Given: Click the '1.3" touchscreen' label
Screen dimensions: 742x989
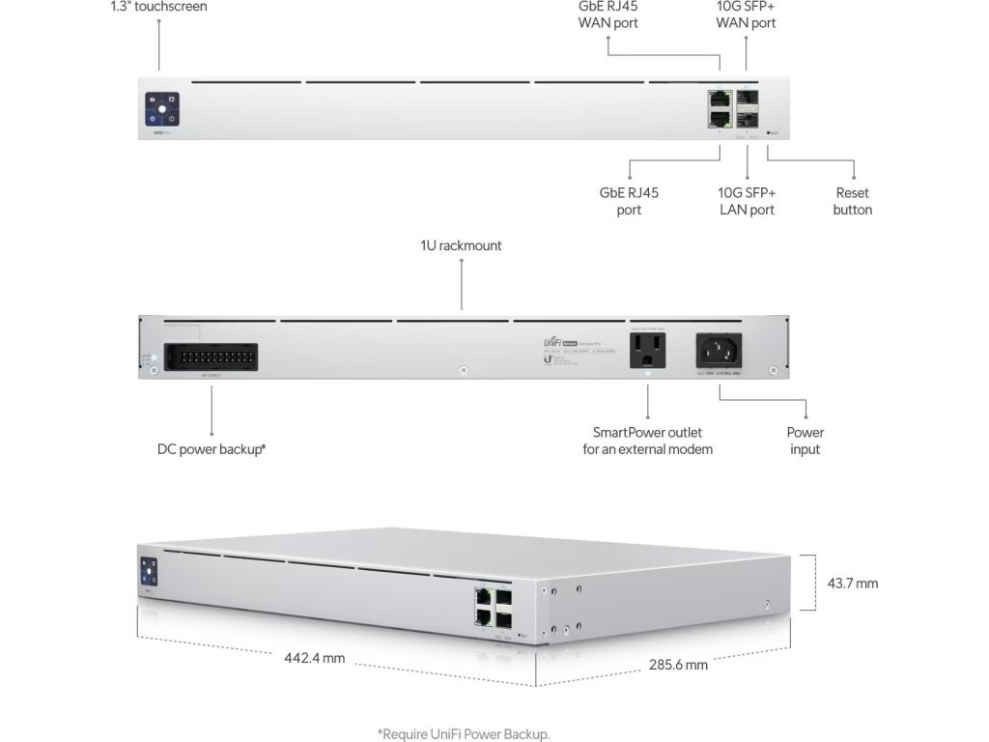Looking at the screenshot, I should pos(157,7).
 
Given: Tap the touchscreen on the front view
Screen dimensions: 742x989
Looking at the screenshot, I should pos(162,108).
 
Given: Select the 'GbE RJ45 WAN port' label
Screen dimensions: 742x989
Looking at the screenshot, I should pos(608,14).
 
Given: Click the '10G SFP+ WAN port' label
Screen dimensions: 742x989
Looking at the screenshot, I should pos(746,14).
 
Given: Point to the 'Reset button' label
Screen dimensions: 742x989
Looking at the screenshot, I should pos(852,201).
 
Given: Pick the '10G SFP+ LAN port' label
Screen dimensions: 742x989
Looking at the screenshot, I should pos(748,201).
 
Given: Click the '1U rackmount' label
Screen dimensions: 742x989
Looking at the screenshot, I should pos(461,245).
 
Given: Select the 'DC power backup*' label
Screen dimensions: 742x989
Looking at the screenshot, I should pos(212,448).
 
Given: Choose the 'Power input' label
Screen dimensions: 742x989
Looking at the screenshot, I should pos(805,441).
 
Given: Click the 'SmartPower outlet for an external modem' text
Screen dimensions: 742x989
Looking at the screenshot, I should pos(647,441).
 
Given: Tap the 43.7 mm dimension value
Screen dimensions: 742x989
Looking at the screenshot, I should pos(853,584).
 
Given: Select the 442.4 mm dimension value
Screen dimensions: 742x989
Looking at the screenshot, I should pos(315,659).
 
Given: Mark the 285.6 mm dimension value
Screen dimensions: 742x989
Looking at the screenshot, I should pos(677,665).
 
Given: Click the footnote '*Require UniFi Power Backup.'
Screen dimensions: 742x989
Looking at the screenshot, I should pos(464,734).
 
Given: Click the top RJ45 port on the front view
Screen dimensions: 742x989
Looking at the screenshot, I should pos(719,98).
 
